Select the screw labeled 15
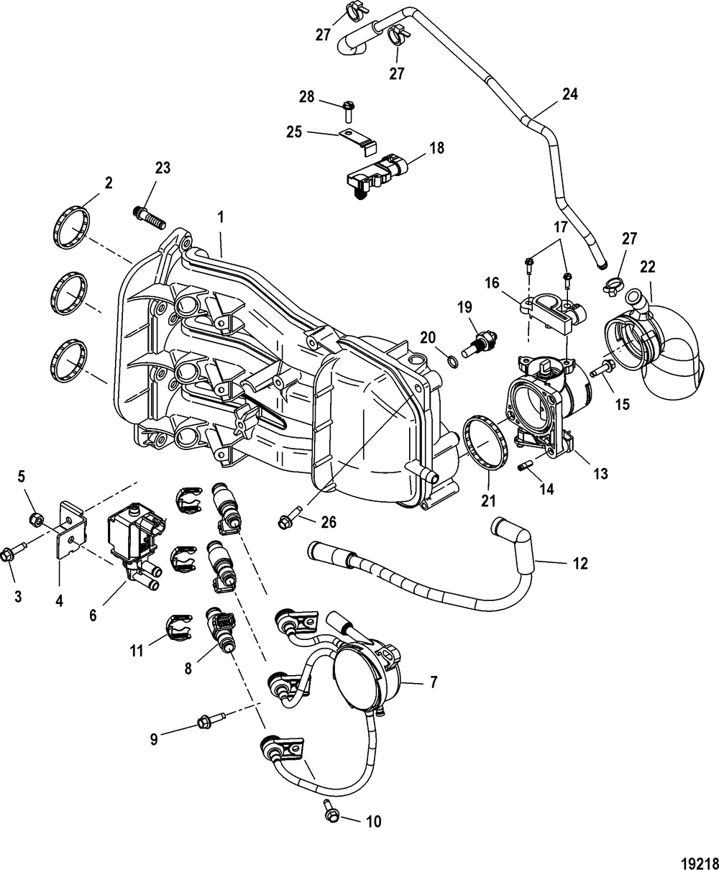tap(600, 370)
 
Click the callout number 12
tap(580, 564)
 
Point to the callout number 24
tap(569, 93)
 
